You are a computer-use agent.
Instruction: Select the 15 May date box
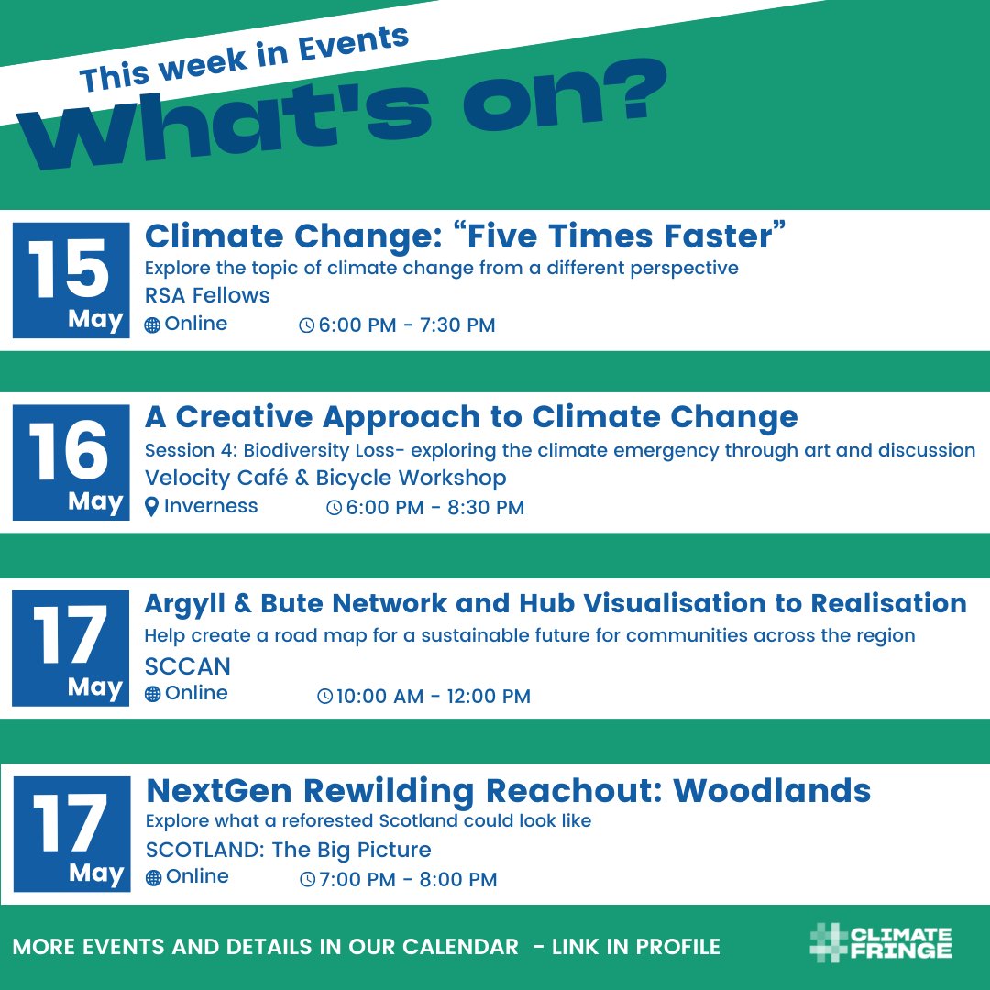[71, 280]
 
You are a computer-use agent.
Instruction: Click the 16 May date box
[71, 462]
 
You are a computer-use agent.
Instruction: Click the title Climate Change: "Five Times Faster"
[467, 236]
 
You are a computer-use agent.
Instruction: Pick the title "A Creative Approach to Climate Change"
[471, 417]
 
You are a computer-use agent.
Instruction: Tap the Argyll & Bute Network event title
[555, 603]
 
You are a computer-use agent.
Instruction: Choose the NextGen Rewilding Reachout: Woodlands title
[508, 789]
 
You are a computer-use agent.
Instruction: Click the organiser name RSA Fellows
[207, 295]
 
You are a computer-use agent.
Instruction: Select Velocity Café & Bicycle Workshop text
[325, 478]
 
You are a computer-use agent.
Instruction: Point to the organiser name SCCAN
[188, 665]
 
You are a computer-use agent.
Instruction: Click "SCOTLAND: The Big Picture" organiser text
[288, 850]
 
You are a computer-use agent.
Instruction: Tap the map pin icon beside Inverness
[152, 507]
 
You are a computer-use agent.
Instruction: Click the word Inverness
[211, 506]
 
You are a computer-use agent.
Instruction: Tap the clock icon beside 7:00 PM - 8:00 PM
[307, 880]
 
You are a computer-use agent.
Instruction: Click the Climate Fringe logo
[881, 944]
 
